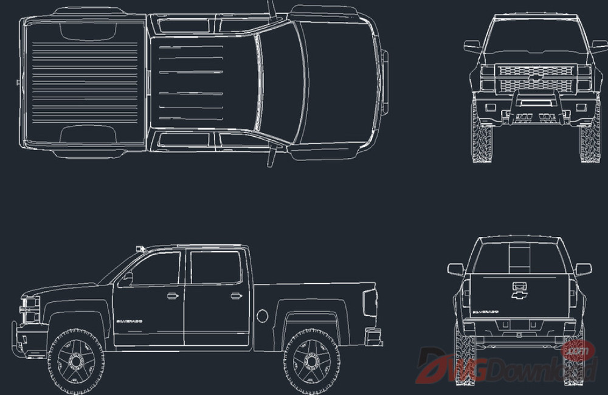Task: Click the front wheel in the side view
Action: pyautogui.click(x=77, y=362)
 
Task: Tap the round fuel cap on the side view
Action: pyautogui.click(x=262, y=316)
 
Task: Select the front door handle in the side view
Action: pyautogui.click(x=173, y=296)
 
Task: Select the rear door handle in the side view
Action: pyautogui.click(x=237, y=296)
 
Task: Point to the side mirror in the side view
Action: pyautogui.click(x=127, y=279)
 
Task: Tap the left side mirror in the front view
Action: pyautogui.click(x=472, y=46)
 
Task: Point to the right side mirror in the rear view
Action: pyautogui.click(x=583, y=269)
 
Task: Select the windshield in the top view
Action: pyautogui.click(x=281, y=82)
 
